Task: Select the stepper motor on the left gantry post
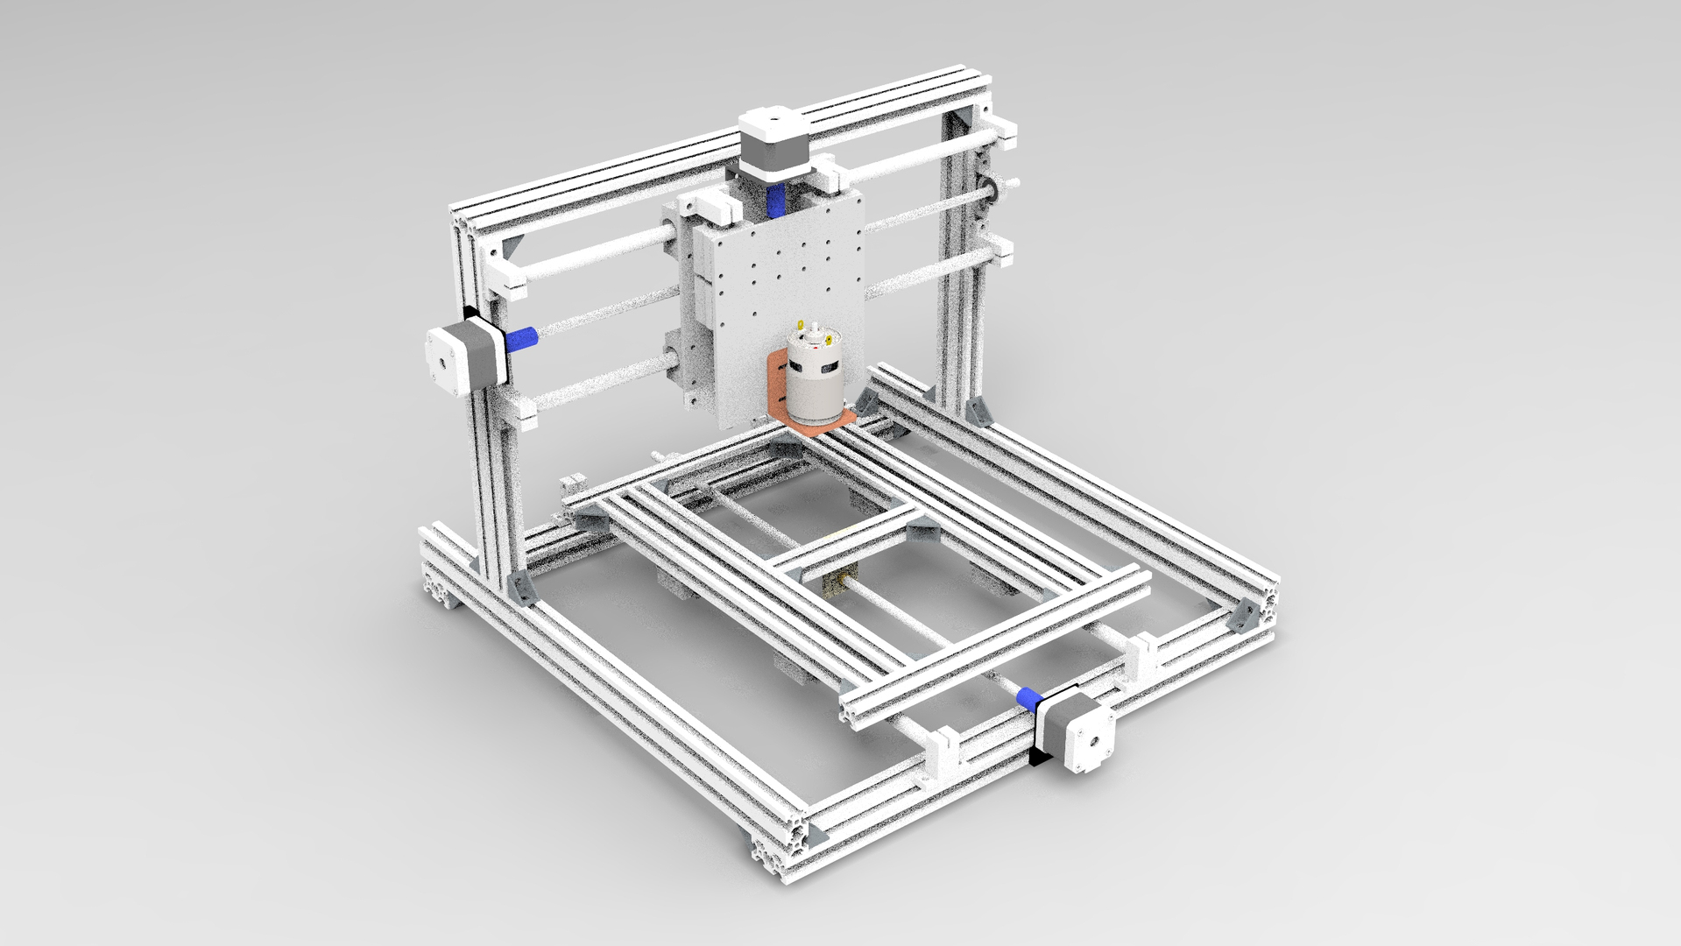464,357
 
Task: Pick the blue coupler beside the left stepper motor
523,338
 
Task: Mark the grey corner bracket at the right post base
979,411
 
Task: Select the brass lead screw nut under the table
846,580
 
